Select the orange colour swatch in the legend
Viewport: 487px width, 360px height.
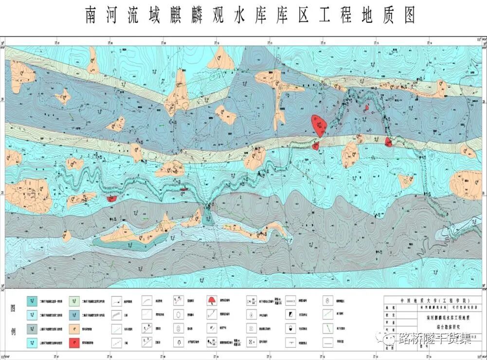[74, 328]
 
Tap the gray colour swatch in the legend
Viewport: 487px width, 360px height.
[32, 328]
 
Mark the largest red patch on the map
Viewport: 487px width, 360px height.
[318, 125]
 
